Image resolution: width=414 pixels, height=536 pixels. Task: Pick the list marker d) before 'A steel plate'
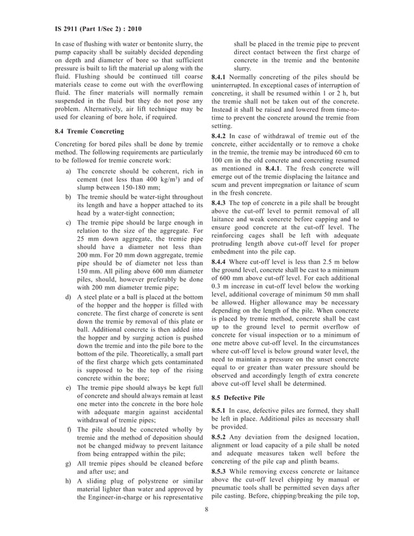click(69, 297)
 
